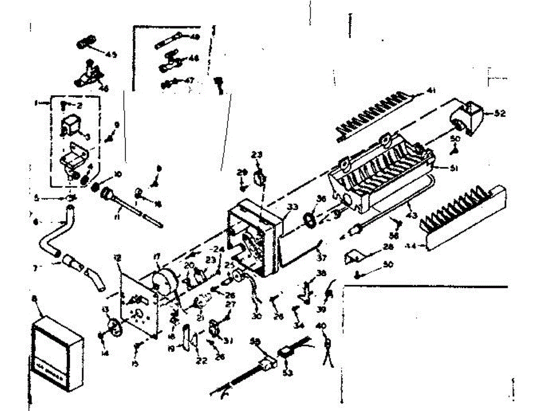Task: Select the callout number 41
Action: click(431, 91)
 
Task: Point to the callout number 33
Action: click(292, 207)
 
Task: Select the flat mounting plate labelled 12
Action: click(139, 308)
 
